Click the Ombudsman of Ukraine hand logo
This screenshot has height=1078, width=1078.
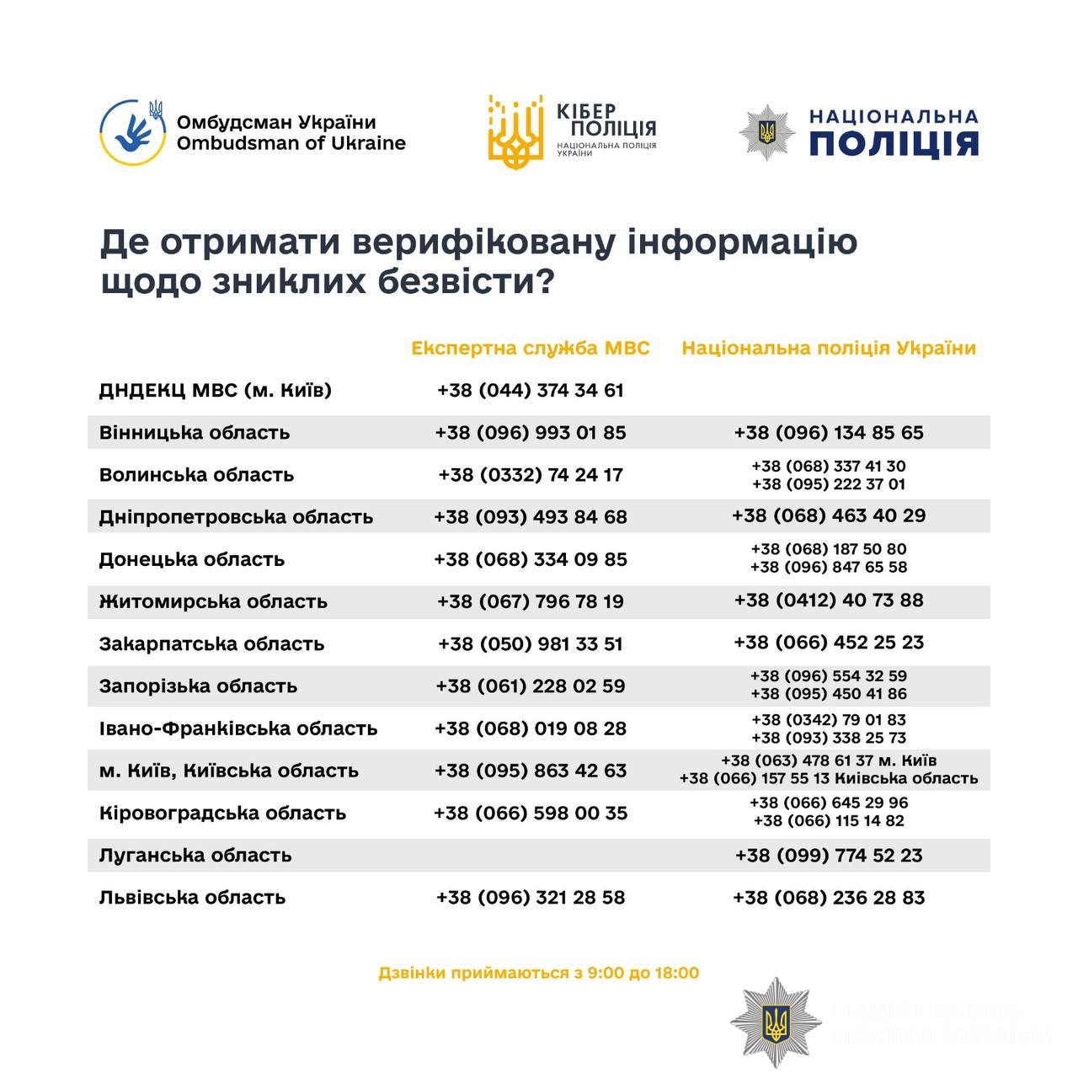tap(132, 132)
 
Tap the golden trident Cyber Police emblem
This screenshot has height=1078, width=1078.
tap(515, 131)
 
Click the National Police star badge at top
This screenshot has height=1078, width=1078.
tap(766, 132)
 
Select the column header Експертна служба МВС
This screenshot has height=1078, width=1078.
tap(531, 348)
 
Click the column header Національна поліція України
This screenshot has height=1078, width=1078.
tap(829, 348)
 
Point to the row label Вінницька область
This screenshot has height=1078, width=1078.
tap(195, 433)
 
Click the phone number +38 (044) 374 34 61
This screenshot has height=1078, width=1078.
tap(531, 391)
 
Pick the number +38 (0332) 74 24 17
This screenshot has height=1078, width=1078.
tap(531, 475)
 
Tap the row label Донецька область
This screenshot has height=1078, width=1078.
tap(192, 559)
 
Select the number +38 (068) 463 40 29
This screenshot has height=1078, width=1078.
tap(829, 515)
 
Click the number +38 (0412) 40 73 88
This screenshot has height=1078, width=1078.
tap(829, 600)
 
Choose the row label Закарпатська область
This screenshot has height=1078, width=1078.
tap(211, 644)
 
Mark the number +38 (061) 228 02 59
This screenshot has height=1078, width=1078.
tap(531, 686)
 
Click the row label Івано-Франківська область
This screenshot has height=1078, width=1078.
tap(238, 728)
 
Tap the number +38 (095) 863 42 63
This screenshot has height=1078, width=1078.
tap(531, 771)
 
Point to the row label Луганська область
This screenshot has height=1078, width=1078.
tap(195, 856)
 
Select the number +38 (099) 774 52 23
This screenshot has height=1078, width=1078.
tap(829, 856)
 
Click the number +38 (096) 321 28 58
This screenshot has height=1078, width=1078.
tap(531, 898)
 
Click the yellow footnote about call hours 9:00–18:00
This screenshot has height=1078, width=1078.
tap(539, 974)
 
